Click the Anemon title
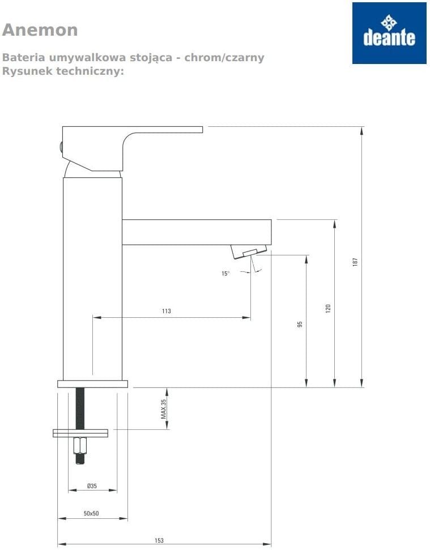click(40, 30)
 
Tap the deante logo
click(389, 33)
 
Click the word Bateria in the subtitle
click(23, 57)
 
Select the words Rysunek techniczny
click(63, 71)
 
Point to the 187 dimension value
click(355, 262)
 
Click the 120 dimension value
click(328, 308)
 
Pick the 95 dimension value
click(300, 324)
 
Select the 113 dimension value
click(167, 311)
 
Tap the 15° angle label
click(225, 274)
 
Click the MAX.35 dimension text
click(163, 409)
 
